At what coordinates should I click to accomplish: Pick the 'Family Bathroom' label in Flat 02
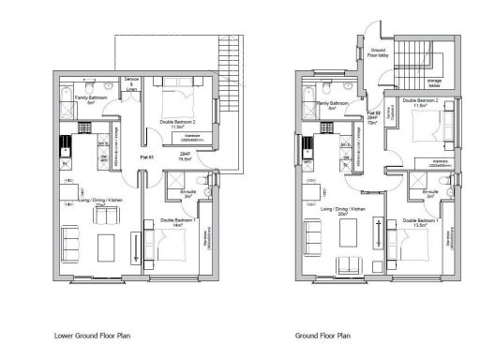point(334,105)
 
